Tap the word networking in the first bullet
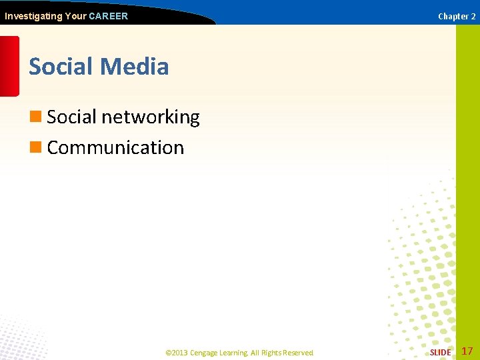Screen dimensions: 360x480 tap(150, 117)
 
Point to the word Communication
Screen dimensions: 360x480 tap(115, 147)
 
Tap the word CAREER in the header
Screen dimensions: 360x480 tap(108, 16)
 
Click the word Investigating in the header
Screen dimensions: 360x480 tap(33, 16)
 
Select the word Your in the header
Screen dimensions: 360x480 tap(75, 16)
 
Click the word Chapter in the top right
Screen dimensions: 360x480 tap(453, 17)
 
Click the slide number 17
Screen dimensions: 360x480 tap(467, 351)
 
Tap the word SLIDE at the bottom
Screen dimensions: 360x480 tap(440, 352)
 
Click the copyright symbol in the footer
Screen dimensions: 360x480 tap(168, 353)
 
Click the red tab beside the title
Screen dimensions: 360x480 tap(9, 66)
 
